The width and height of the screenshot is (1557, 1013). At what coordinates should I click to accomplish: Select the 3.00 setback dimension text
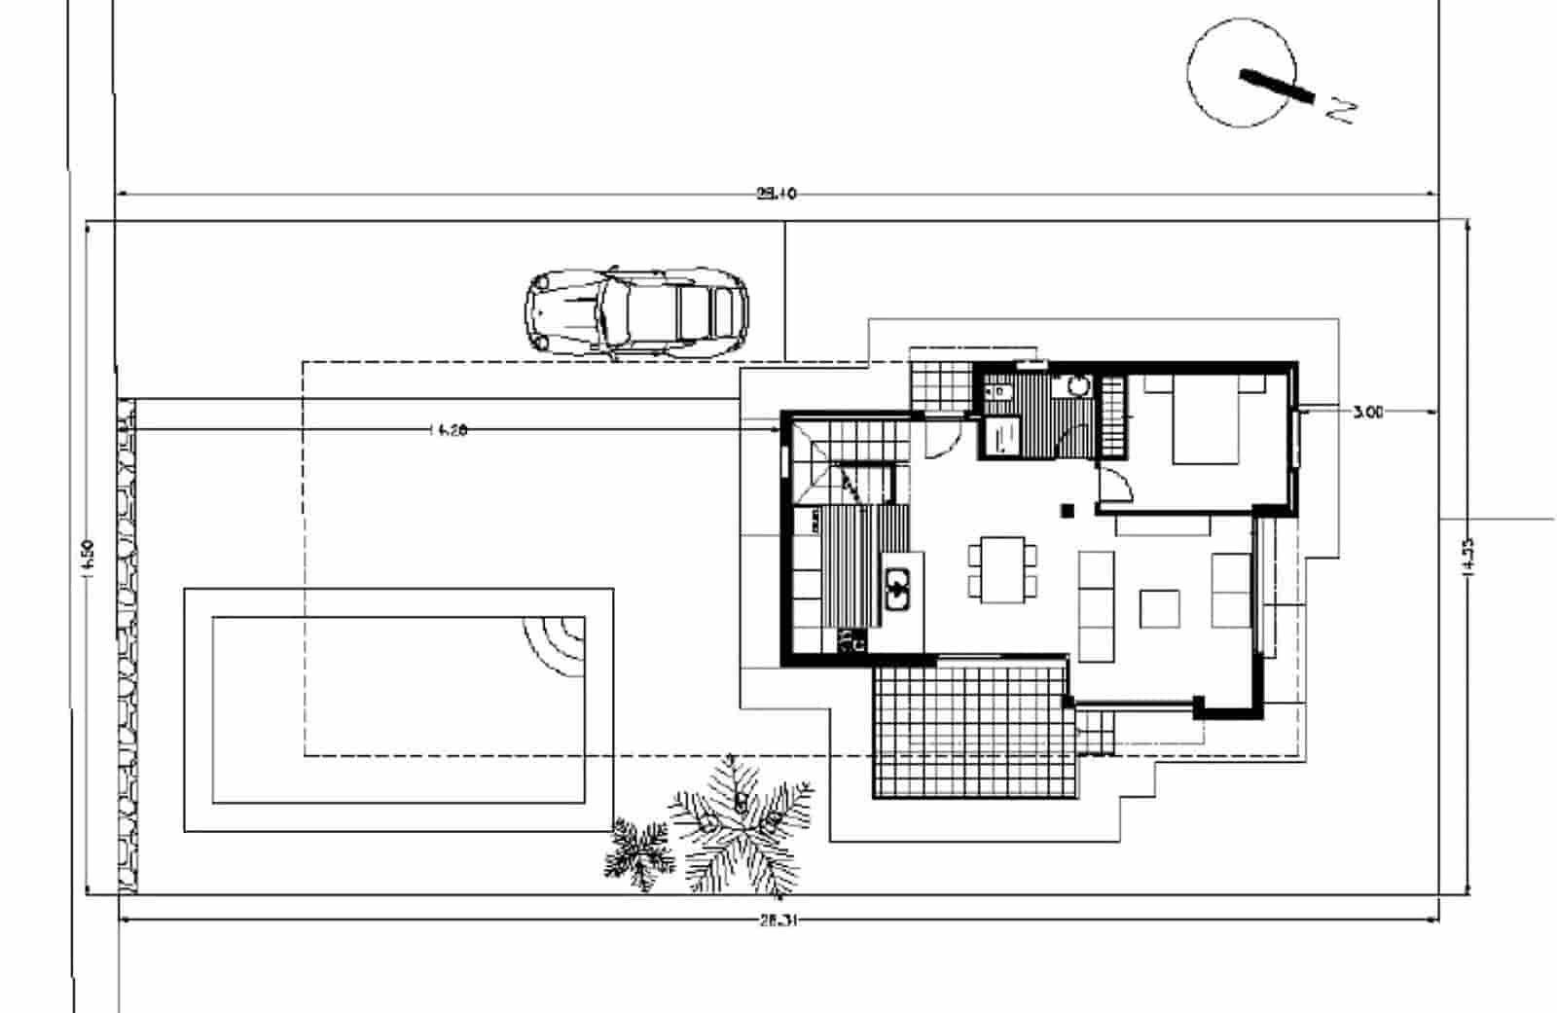pos(1367,413)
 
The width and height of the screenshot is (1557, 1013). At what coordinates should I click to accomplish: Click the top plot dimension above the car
pos(777,194)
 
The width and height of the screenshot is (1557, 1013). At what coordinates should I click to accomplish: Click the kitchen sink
pos(897,588)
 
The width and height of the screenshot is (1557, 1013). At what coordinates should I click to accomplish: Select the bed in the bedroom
pos(1205,421)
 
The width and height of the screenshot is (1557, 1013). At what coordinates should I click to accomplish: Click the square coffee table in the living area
pos(1160,608)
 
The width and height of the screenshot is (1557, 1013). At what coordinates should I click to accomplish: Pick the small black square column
pos(1068,510)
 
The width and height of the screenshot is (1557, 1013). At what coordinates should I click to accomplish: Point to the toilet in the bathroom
pos(998,391)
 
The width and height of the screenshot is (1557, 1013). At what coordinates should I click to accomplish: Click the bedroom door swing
pos(1114,484)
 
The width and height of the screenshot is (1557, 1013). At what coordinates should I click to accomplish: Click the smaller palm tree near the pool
pos(639,853)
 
